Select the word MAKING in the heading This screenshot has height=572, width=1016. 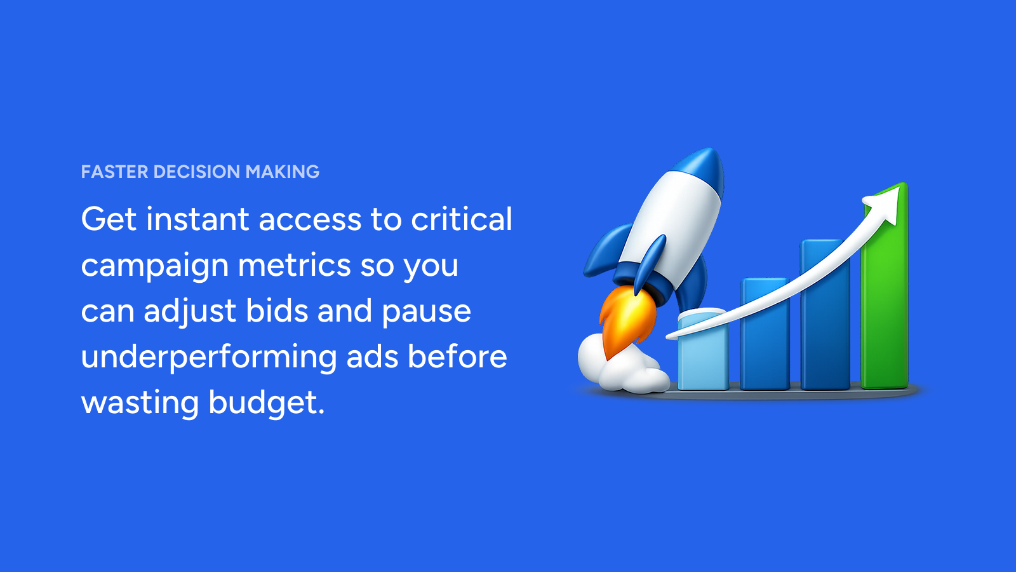tap(282, 172)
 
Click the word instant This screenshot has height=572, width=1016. tap(197, 219)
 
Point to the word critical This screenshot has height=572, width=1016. tap(461, 219)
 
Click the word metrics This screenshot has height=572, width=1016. tap(295, 265)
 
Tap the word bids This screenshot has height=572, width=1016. tap(277, 311)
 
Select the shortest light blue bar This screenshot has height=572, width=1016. tap(703, 350)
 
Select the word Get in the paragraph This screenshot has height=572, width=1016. tap(109, 219)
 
